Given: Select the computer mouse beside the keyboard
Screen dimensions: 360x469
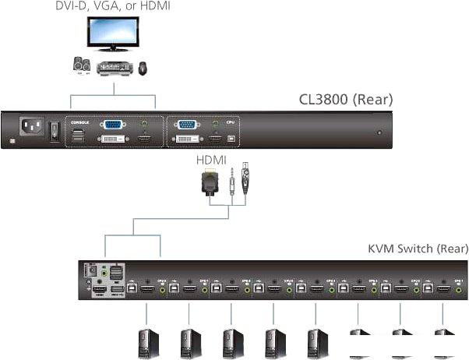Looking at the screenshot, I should point(143,68).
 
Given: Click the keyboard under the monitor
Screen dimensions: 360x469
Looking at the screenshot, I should point(114,69).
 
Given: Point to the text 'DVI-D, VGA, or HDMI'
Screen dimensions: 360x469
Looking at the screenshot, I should point(113,6).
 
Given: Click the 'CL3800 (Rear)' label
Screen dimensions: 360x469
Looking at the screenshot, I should point(346,100).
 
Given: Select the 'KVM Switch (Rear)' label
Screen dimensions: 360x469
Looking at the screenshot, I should point(418,249).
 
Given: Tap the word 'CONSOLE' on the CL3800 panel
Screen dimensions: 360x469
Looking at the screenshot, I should point(81,122).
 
